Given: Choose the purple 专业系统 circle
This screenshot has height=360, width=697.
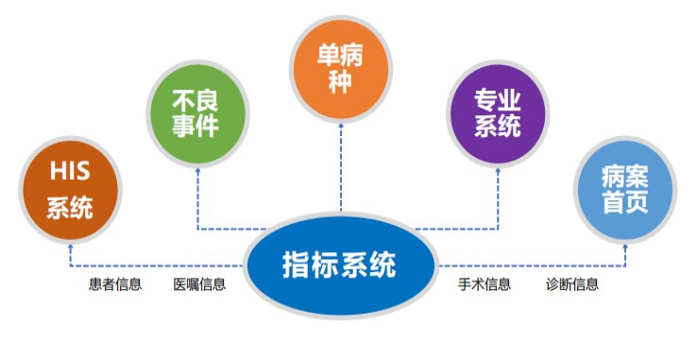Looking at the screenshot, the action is pos(498,113).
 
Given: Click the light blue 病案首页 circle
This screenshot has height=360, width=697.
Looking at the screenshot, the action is pos(625,189).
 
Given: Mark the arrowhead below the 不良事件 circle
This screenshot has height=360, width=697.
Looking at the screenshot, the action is pos(197,171).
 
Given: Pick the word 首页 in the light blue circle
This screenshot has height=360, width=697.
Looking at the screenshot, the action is pos(625,202).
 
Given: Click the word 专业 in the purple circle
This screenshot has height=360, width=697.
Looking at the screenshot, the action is pos(498,100).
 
